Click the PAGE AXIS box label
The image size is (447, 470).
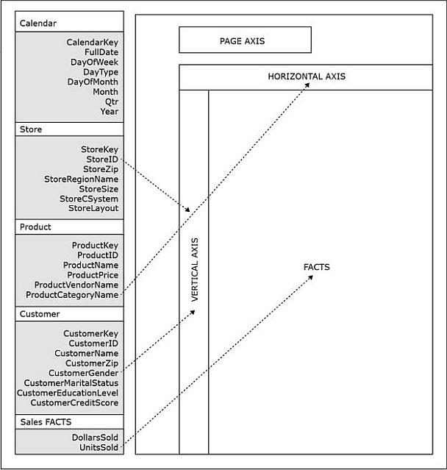tap(242, 41)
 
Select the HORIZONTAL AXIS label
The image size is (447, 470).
tap(307, 76)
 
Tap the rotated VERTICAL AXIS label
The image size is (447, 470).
tap(195, 270)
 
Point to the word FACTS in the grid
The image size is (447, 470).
tap(316, 267)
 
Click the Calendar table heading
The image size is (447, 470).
tap(38, 24)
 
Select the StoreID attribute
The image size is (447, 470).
tap(102, 159)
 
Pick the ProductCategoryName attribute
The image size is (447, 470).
tap(72, 295)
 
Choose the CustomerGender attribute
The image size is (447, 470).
tap(84, 373)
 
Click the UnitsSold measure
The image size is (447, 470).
tap(99, 447)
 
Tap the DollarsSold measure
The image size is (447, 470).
tap(95, 438)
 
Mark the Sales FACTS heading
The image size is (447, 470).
tap(46, 422)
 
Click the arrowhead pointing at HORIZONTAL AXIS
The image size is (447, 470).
tap(307, 85)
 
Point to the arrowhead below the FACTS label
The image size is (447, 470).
tap(310, 277)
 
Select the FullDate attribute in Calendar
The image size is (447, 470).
tap(101, 52)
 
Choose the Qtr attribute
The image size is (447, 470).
tap(112, 102)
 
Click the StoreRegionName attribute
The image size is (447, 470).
tap(81, 179)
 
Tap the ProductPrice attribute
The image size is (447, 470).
tap(93, 275)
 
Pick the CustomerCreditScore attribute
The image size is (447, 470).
tap(74, 402)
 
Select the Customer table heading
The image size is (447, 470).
tap(40, 314)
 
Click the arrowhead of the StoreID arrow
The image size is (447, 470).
tap(187, 209)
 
